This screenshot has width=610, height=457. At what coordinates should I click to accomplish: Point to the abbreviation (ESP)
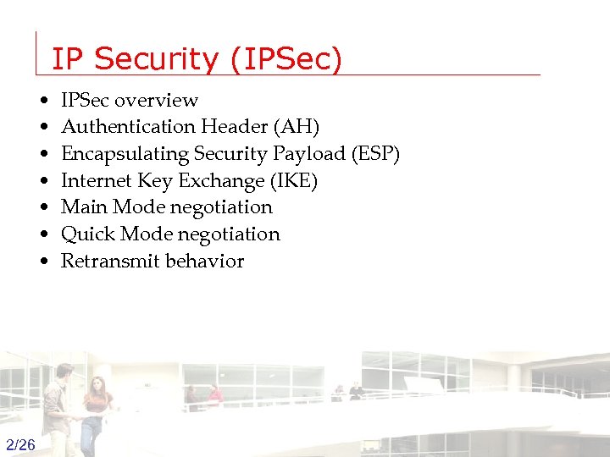374,154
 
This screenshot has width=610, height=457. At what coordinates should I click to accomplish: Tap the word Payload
313,154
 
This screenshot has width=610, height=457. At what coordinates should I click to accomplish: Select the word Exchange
220,181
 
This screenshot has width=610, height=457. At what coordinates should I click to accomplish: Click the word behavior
205,261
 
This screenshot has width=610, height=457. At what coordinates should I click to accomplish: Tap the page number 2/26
20,445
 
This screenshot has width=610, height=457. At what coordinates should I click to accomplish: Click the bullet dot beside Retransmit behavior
43,262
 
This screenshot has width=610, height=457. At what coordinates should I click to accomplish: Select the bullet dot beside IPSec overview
43,101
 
